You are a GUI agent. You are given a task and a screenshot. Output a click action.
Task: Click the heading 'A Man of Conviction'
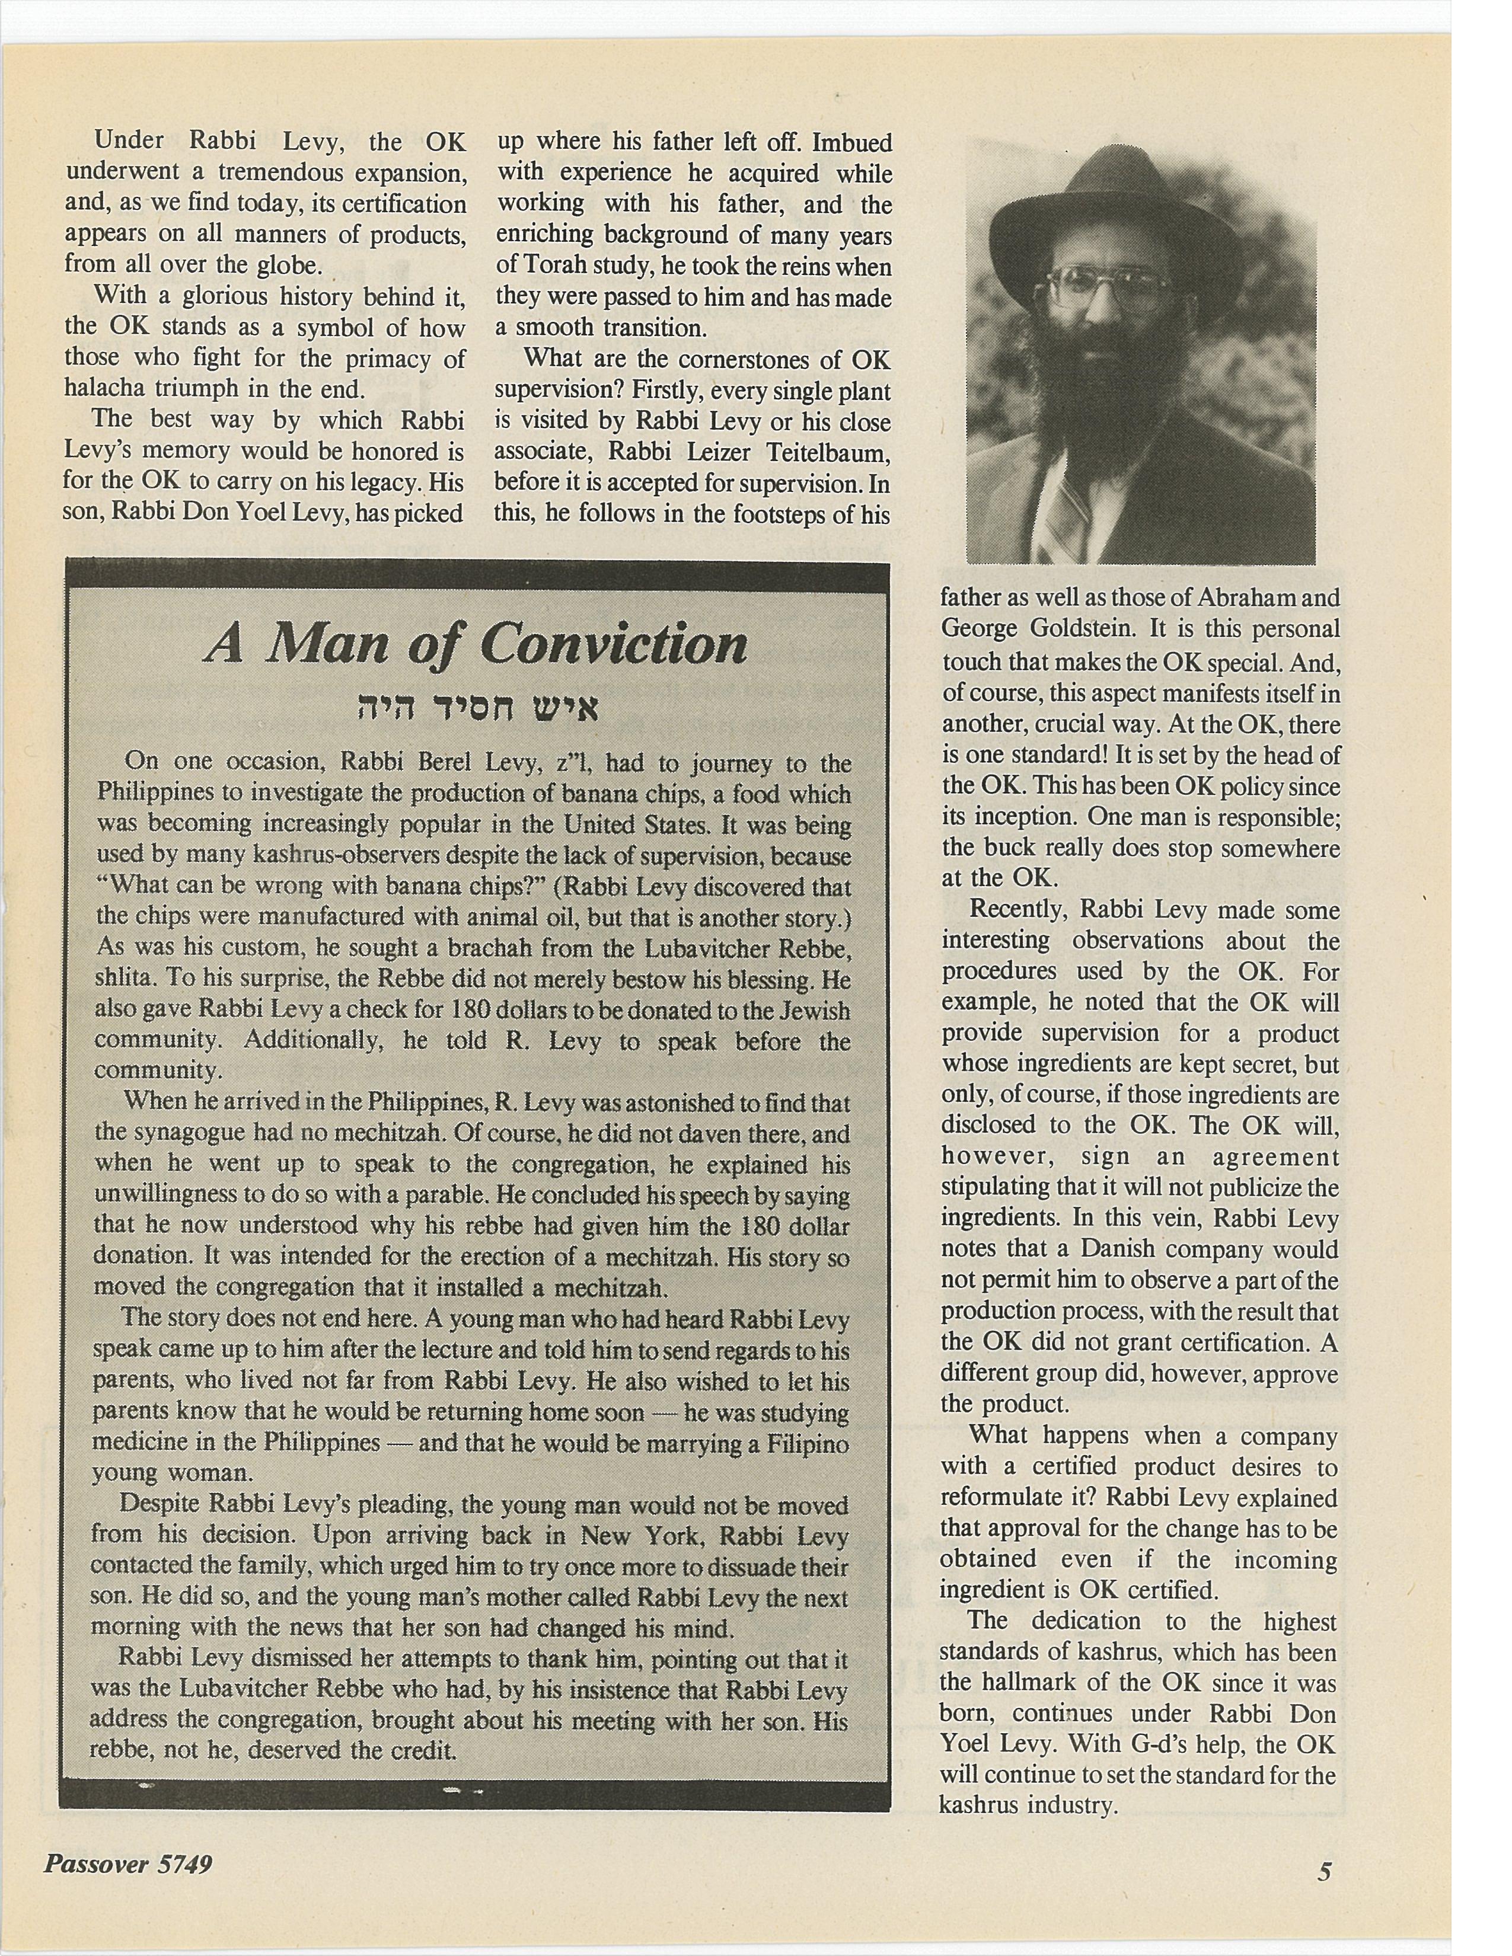click(476, 644)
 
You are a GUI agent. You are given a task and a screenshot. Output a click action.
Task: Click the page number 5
click(1325, 1871)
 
